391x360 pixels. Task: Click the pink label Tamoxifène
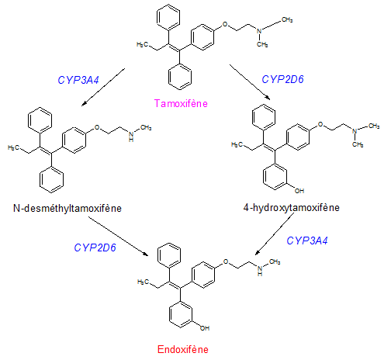click(x=181, y=103)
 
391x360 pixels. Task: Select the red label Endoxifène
click(x=183, y=349)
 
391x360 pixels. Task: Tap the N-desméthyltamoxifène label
click(x=67, y=208)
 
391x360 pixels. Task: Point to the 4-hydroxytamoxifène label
click(x=292, y=208)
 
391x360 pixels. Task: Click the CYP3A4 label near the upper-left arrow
click(x=78, y=80)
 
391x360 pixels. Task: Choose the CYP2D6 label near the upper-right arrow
click(x=282, y=79)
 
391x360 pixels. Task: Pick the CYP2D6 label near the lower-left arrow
click(x=95, y=247)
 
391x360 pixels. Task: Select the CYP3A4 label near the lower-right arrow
click(x=307, y=241)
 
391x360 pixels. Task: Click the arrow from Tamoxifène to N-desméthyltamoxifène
click(x=103, y=87)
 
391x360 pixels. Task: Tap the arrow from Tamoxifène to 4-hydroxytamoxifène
click(x=250, y=82)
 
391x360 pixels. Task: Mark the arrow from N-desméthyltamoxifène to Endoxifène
click(x=119, y=236)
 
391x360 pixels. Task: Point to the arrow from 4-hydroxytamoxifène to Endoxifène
click(x=275, y=234)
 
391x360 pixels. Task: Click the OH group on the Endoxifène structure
click(x=205, y=328)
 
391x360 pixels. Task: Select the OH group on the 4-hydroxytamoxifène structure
click(x=299, y=191)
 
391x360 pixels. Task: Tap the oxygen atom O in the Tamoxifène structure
click(x=225, y=24)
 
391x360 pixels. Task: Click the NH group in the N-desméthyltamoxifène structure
click(x=131, y=137)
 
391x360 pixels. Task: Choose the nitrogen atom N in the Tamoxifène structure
click(x=259, y=31)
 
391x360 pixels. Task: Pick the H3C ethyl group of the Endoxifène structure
click(x=143, y=282)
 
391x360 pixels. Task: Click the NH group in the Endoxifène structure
click(x=260, y=271)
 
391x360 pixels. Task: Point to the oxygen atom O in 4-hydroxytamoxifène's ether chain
click(x=320, y=124)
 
